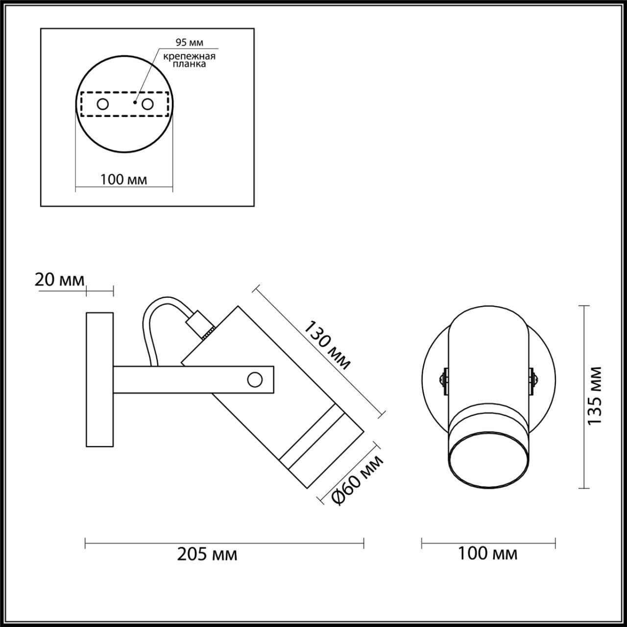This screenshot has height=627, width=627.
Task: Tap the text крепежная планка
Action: click(190, 60)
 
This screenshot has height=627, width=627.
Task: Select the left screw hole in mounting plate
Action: click(103, 104)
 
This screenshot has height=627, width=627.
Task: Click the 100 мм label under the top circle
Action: click(123, 179)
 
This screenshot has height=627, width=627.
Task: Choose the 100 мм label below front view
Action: click(487, 554)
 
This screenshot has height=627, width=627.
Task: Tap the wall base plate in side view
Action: click(99, 380)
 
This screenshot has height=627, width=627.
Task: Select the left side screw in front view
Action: click(444, 380)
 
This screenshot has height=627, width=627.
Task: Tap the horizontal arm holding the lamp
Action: click(186, 380)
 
